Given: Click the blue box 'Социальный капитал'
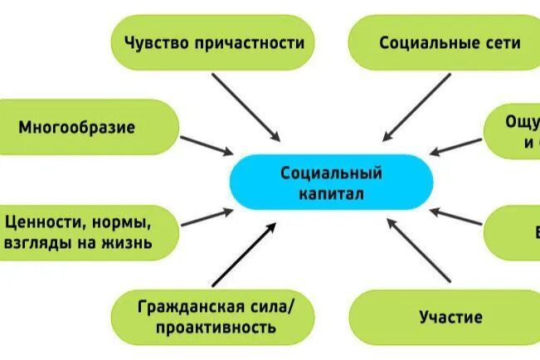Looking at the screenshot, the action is tap(331, 183).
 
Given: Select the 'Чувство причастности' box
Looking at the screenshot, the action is tap(215, 41).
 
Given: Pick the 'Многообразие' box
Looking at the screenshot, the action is tap(87, 128).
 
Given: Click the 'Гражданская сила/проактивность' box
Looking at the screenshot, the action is tap(215, 316).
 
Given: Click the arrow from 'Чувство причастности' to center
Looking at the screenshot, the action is tap(246, 107).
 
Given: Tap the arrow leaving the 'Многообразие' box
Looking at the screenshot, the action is tap(207, 145).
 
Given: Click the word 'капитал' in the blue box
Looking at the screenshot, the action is tap(330, 195).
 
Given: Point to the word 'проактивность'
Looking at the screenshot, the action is tap(215, 327).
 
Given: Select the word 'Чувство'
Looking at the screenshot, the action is tap(155, 42).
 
